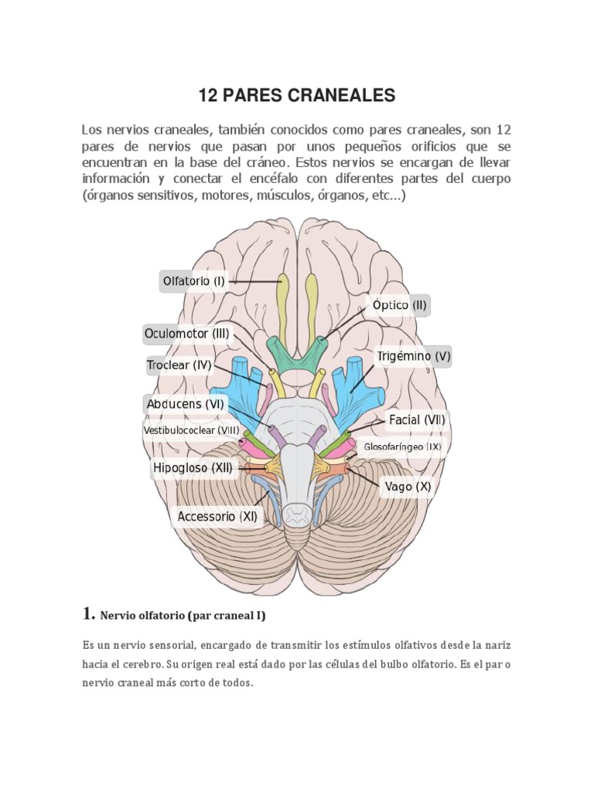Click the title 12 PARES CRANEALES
pos(297,96)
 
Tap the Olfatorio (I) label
pos(193,281)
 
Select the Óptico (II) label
pos(399,305)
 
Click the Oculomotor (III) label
pos(187,334)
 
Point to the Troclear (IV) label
pos(179,365)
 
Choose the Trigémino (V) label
pos(413,357)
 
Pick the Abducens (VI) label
pos(185,403)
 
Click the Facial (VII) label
pos(416,421)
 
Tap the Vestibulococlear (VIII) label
pos(190,430)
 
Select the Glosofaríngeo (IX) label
pos(402,446)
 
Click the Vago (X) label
pos(408,487)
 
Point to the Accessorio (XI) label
pos(217,516)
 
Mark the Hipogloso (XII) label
pos(193,467)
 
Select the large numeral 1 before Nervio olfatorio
pos(87,614)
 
